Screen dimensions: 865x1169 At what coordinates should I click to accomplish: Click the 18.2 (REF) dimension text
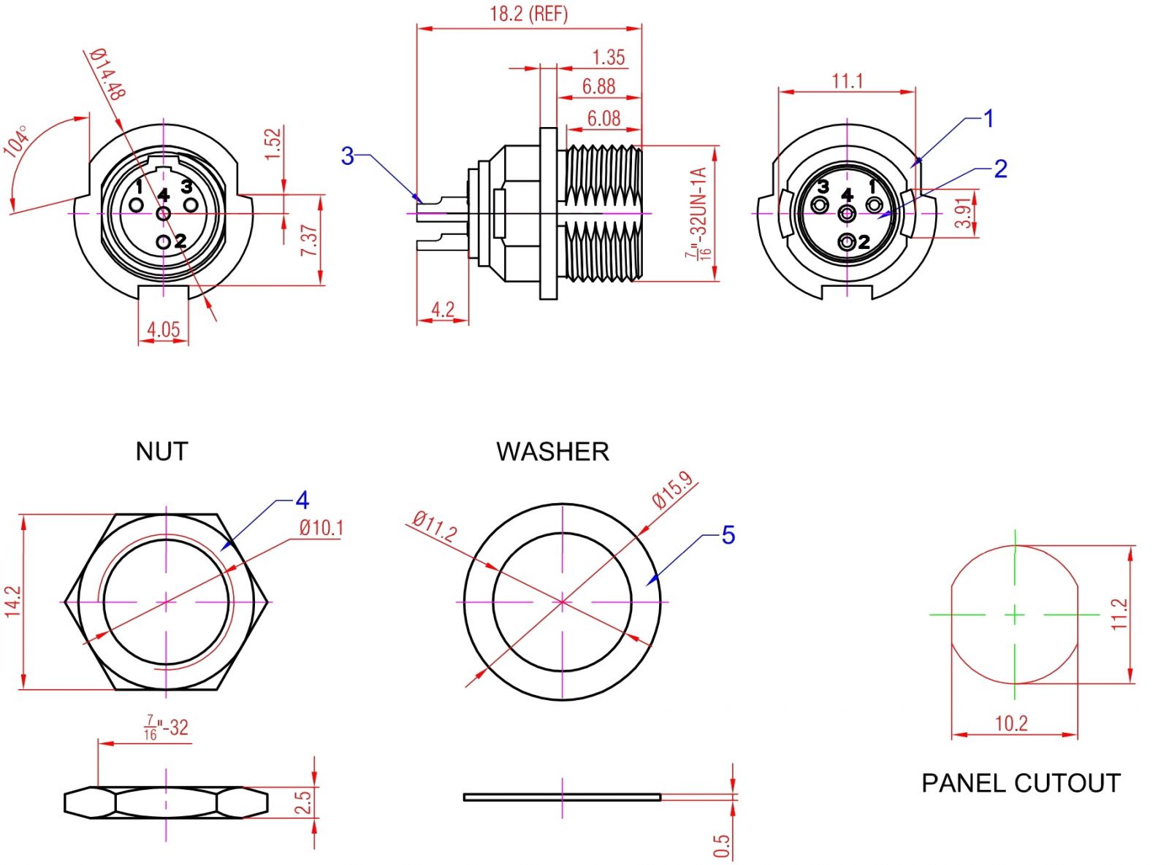pyautogui.click(x=528, y=14)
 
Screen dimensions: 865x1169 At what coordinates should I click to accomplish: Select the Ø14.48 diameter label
pyautogui.click(x=108, y=74)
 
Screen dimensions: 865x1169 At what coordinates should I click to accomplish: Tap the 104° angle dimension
pyautogui.click(x=17, y=141)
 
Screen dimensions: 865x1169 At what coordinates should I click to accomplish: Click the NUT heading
pyautogui.click(x=161, y=452)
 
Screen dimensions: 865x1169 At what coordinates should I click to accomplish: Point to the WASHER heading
pyautogui.click(x=552, y=452)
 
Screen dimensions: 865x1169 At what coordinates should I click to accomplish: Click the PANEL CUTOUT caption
pyautogui.click(x=1020, y=783)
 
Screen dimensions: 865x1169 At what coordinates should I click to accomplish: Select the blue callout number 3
pyautogui.click(x=347, y=155)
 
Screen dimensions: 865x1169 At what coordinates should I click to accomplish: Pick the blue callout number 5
pyautogui.click(x=728, y=535)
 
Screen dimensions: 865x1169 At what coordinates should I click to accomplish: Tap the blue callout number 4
pyautogui.click(x=302, y=501)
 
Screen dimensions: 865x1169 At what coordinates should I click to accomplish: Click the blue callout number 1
pyautogui.click(x=989, y=118)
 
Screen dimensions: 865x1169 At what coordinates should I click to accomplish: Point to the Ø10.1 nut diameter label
pyautogui.click(x=321, y=528)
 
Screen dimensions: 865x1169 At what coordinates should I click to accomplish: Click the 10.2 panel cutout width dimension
pyautogui.click(x=1011, y=723)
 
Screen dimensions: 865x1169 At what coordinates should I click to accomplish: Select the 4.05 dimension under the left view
pyautogui.click(x=163, y=329)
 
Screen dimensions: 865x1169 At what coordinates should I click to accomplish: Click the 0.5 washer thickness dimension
pyautogui.click(x=721, y=847)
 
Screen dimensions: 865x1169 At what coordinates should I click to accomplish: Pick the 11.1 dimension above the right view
pyautogui.click(x=847, y=80)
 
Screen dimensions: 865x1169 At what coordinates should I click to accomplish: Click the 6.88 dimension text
pyautogui.click(x=598, y=87)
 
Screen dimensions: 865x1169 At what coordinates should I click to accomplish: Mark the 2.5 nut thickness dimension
pyautogui.click(x=303, y=802)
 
